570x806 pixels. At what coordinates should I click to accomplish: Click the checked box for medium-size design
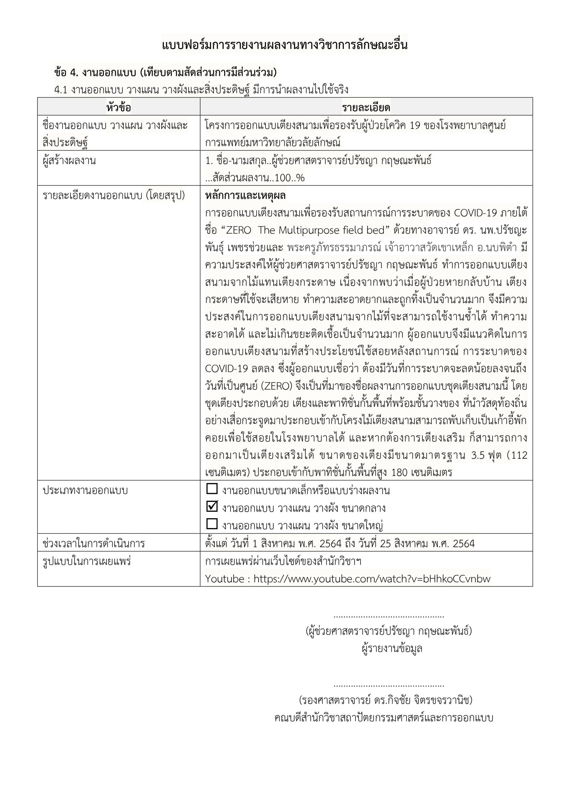(x=212, y=506)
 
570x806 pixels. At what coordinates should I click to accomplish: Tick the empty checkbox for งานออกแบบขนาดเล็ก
(x=212, y=489)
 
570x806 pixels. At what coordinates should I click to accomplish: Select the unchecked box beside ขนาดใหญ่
(x=212, y=524)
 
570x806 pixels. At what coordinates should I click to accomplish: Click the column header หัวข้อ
(x=119, y=107)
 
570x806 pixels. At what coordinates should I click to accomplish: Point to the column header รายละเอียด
(x=366, y=107)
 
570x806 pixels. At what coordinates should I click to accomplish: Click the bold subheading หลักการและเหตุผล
(x=245, y=196)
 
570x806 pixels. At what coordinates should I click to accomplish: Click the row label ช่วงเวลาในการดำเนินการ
(x=94, y=543)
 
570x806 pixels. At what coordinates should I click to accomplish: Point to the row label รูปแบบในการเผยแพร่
(x=86, y=561)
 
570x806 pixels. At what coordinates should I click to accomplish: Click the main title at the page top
(x=284, y=46)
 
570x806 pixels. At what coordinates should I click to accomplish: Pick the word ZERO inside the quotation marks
(x=238, y=230)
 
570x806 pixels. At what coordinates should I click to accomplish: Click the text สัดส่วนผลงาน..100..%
(x=255, y=178)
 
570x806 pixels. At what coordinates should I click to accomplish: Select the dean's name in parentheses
(x=385, y=700)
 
